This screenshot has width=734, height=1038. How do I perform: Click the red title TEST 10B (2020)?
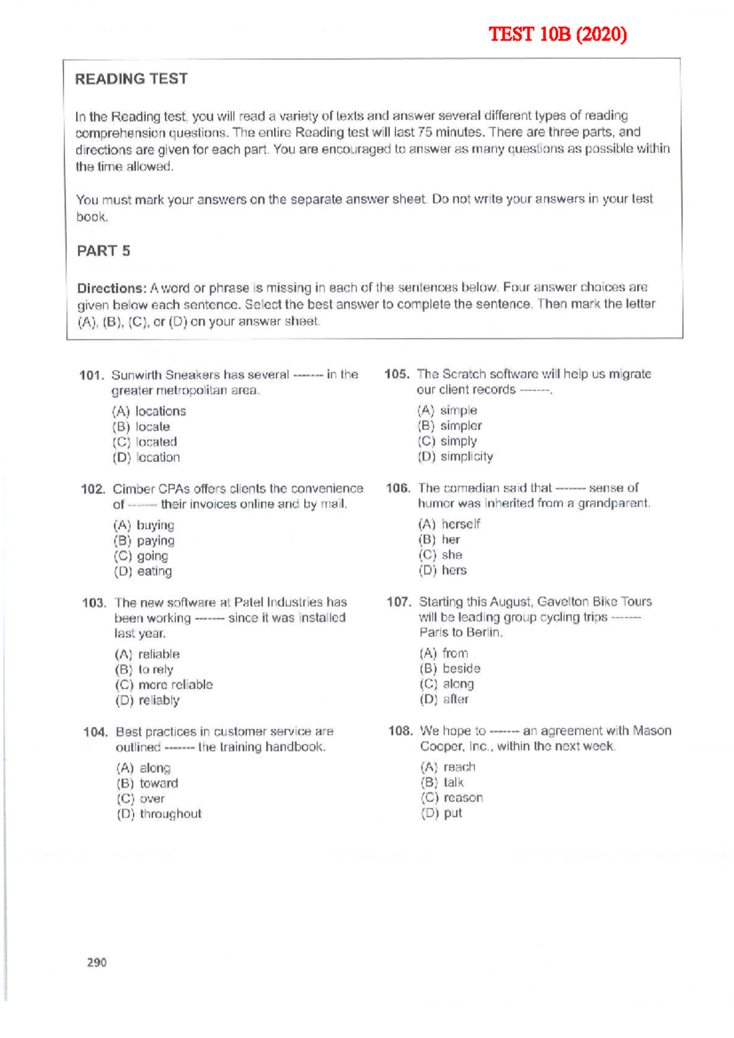(x=557, y=34)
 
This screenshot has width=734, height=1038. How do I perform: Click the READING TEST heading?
(x=131, y=79)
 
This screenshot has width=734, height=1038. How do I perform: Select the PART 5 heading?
(x=103, y=251)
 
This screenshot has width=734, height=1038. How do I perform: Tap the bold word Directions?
(x=111, y=288)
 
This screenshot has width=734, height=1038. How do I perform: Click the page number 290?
(x=97, y=962)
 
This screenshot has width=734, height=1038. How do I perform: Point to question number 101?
(x=92, y=375)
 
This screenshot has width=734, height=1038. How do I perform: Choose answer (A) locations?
(x=149, y=411)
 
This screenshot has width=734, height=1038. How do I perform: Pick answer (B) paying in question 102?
(x=144, y=540)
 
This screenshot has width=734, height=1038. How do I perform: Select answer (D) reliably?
(x=147, y=700)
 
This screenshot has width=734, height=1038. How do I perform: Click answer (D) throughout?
(x=159, y=814)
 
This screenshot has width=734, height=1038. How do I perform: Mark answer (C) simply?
(x=447, y=441)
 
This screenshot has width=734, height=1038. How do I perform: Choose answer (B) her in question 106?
(x=439, y=540)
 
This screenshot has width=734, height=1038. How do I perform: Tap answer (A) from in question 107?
(x=444, y=654)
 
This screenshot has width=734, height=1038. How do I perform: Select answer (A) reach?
(x=448, y=767)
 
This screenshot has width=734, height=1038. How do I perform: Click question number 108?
(x=401, y=731)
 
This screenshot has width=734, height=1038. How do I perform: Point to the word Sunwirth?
(x=136, y=375)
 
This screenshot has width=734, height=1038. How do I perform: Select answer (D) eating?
(x=143, y=572)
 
